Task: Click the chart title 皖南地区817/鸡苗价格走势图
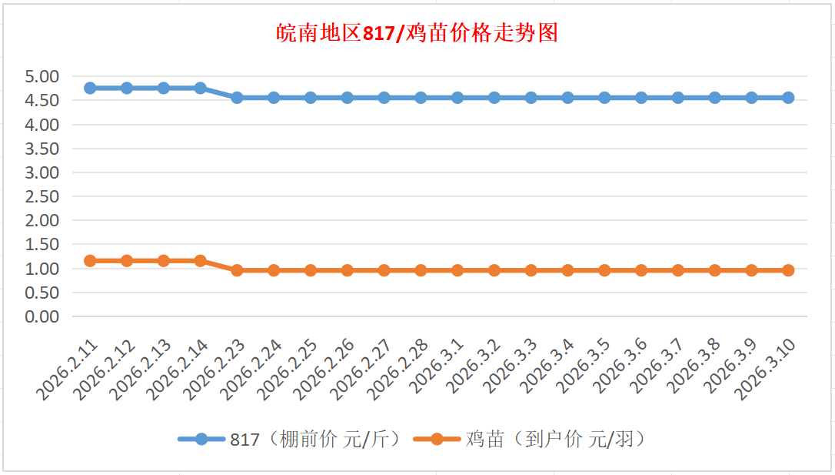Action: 417,33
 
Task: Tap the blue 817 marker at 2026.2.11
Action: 90,88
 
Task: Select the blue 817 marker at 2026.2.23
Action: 237,98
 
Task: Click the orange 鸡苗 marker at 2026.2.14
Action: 200,261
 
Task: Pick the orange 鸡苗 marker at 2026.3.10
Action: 788,270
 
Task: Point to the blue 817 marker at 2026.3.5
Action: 604,98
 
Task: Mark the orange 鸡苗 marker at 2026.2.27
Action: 384,270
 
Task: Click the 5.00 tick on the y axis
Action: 42,76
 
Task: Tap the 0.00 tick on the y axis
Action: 42,316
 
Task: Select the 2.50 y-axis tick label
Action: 42,196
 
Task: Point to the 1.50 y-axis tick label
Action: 42,245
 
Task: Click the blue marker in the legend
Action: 201,440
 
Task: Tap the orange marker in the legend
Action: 437,440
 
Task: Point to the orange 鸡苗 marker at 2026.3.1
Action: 457,270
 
